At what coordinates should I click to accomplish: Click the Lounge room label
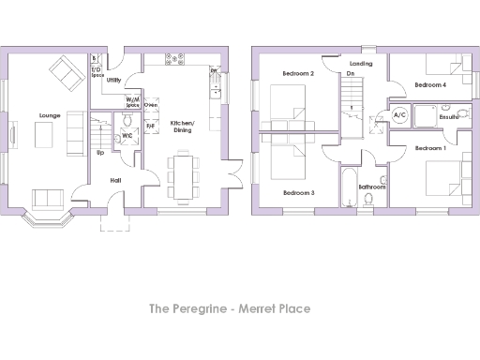tap(50, 115)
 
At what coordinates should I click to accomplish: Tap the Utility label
tap(113, 81)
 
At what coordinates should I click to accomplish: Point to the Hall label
tap(115, 179)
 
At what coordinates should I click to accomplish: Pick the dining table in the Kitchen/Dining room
tap(182, 174)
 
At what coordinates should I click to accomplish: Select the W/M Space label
tap(133, 102)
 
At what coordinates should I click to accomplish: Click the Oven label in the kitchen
tap(152, 105)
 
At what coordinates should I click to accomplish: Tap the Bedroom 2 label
tap(297, 73)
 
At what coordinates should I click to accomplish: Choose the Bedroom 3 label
tap(298, 192)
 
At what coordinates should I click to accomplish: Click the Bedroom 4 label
tap(430, 84)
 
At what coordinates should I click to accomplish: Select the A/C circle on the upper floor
tap(398, 116)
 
